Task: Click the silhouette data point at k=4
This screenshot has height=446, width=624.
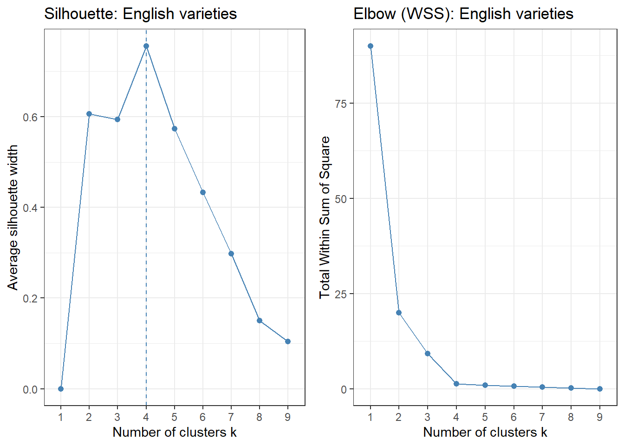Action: point(146,46)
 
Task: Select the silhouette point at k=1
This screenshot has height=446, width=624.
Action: point(61,389)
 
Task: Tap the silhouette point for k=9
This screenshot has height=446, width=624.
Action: point(288,341)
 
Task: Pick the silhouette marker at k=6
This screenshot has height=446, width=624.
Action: point(203,192)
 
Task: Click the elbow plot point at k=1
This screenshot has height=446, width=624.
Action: point(370,46)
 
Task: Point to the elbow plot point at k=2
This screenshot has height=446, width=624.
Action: point(399,313)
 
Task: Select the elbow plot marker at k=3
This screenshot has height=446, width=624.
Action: point(428,354)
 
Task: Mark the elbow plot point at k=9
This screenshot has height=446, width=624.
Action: point(600,389)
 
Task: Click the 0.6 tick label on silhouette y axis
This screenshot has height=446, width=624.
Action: point(30,117)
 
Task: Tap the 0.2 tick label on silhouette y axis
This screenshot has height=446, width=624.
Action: point(30,298)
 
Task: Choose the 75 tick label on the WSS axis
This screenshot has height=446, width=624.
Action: point(341,104)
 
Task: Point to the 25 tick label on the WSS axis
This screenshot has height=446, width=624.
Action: point(341,294)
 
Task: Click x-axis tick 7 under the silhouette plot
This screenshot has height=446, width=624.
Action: point(231,417)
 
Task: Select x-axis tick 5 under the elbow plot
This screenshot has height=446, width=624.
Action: point(485,417)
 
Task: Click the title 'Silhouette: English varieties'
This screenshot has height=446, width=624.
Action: point(140,14)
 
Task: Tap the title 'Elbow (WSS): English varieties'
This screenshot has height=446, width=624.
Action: point(463,14)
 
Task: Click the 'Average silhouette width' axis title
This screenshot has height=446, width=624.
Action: point(13,217)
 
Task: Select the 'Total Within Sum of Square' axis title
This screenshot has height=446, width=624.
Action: point(325,217)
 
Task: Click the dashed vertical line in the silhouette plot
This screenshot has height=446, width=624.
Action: point(146,232)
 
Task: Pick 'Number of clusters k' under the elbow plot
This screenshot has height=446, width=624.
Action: point(485,433)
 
